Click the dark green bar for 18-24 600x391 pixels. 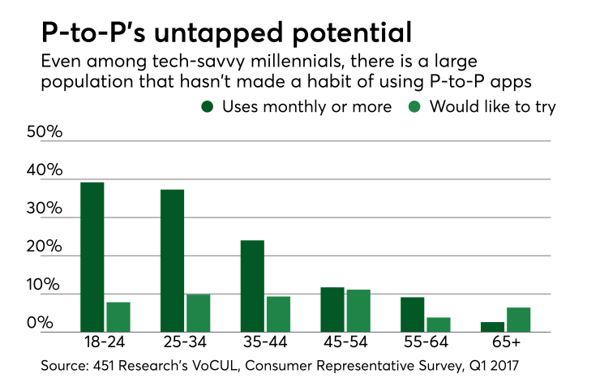click(x=92, y=257)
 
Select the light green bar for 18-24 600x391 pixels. click(x=118, y=317)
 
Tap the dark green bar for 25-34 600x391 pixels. click(x=172, y=260)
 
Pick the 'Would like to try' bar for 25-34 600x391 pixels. click(x=198, y=313)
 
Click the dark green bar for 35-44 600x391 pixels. click(x=252, y=286)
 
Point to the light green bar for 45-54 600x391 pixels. click(x=358, y=311)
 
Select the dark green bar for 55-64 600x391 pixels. click(x=412, y=315)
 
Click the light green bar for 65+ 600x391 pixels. click(x=518, y=320)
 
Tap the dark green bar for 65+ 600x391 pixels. click(x=492, y=327)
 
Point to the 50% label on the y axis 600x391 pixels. click(x=44, y=133)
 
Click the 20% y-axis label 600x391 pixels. click(x=44, y=248)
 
